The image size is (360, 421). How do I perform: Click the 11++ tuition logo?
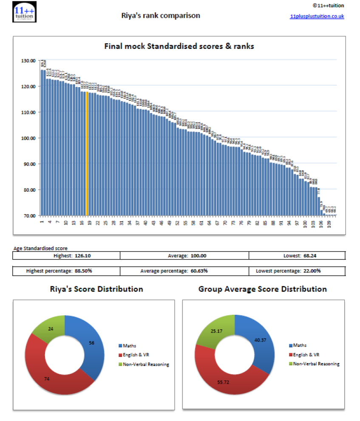tap(25, 11)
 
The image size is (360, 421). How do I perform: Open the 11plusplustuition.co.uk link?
tap(317, 17)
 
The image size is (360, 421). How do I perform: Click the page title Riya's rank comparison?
tap(161, 16)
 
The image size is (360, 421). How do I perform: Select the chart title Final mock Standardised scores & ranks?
tap(179, 46)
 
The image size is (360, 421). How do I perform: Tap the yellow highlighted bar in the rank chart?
tap(87, 153)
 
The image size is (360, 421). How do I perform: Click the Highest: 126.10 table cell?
tap(66, 256)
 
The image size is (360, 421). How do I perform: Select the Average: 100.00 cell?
tap(184, 256)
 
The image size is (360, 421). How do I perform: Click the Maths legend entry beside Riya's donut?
tap(130, 345)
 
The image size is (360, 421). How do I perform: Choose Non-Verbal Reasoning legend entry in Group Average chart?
tap(316, 364)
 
